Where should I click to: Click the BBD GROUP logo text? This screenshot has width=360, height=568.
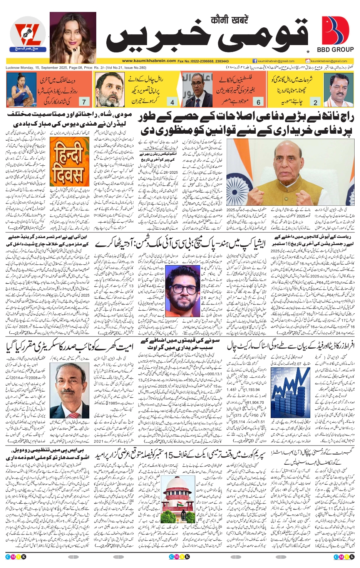[x=335, y=49]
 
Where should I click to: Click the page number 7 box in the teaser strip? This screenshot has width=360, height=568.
[x=84, y=102]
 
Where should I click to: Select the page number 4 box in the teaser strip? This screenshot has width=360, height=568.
[x=172, y=102]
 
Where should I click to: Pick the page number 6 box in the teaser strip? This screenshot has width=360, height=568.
[x=258, y=102]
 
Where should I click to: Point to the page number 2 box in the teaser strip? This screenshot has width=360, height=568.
[x=315, y=102]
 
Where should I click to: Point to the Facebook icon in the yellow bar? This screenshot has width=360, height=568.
[x=255, y=61]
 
